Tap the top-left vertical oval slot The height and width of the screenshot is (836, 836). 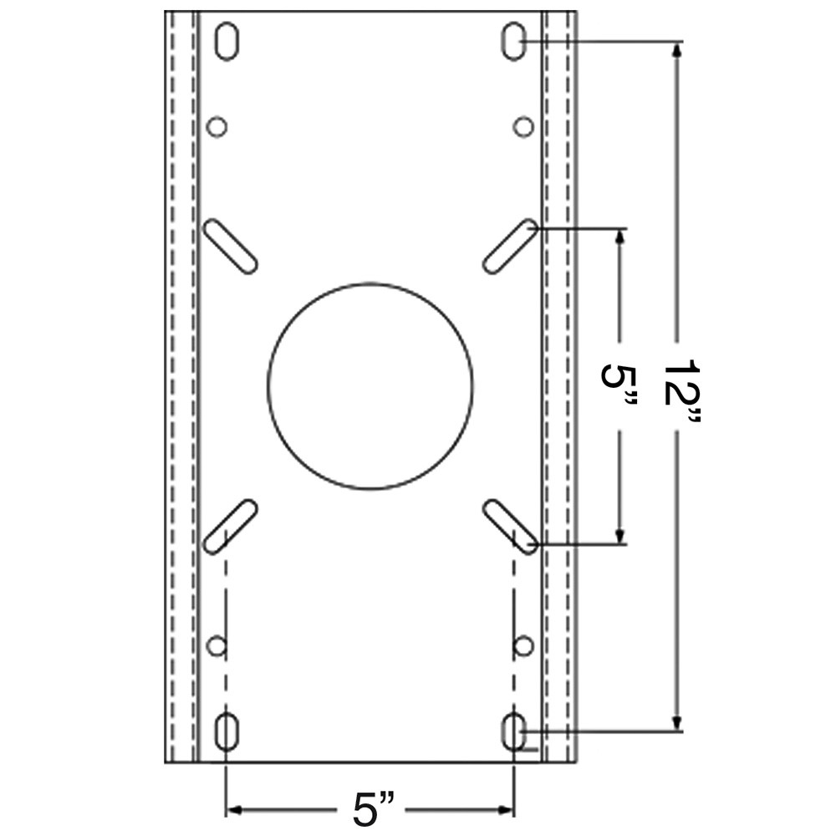pos(226,43)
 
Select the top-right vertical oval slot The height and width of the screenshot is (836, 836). pos(513,43)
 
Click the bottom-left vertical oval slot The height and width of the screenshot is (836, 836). pos(226,732)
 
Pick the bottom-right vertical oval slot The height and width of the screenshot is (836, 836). pos(513,732)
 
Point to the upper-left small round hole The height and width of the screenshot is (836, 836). pos(217,127)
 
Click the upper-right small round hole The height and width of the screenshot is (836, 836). pos(523,127)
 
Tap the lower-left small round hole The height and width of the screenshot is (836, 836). pos(217,645)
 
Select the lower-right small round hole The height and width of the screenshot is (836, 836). pos(523,645)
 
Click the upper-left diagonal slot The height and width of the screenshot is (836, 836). pos(230,246)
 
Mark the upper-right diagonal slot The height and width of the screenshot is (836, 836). pos(510,246)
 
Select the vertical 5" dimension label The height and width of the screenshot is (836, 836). pos(619,386)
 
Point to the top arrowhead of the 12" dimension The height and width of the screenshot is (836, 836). pos(678,50)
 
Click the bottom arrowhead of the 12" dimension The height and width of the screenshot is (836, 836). pos(678,722)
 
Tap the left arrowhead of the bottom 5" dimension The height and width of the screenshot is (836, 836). pos(235,809)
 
